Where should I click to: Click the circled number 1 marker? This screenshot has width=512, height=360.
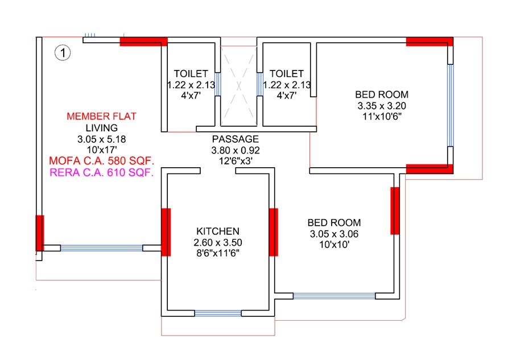click(62, 53)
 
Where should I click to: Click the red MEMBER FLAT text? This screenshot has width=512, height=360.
click(101, 116)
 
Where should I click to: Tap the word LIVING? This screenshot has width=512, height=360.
click(101, 127)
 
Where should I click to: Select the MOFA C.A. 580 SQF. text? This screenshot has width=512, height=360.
click(101, 160)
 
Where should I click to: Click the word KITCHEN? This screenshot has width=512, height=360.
click(218, 231)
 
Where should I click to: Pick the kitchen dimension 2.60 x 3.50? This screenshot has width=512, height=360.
click(218, 242)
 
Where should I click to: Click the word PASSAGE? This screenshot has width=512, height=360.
click(236, 139)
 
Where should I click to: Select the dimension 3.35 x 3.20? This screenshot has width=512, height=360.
click(382, 106)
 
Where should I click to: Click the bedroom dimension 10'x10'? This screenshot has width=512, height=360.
click(334, 245)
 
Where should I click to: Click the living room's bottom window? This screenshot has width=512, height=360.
click(101, 248)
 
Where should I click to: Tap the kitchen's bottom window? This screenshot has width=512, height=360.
click(218, 313)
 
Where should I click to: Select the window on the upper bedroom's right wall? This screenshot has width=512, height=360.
click(451, 105)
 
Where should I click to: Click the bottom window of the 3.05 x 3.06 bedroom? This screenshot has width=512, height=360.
click(334, 296)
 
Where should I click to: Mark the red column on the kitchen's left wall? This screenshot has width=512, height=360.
click(166, 232)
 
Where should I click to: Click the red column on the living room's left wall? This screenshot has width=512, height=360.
click(39, 233)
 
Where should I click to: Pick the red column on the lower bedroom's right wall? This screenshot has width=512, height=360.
click(395, 210)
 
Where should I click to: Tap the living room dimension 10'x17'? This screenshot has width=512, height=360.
click(101, 149)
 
